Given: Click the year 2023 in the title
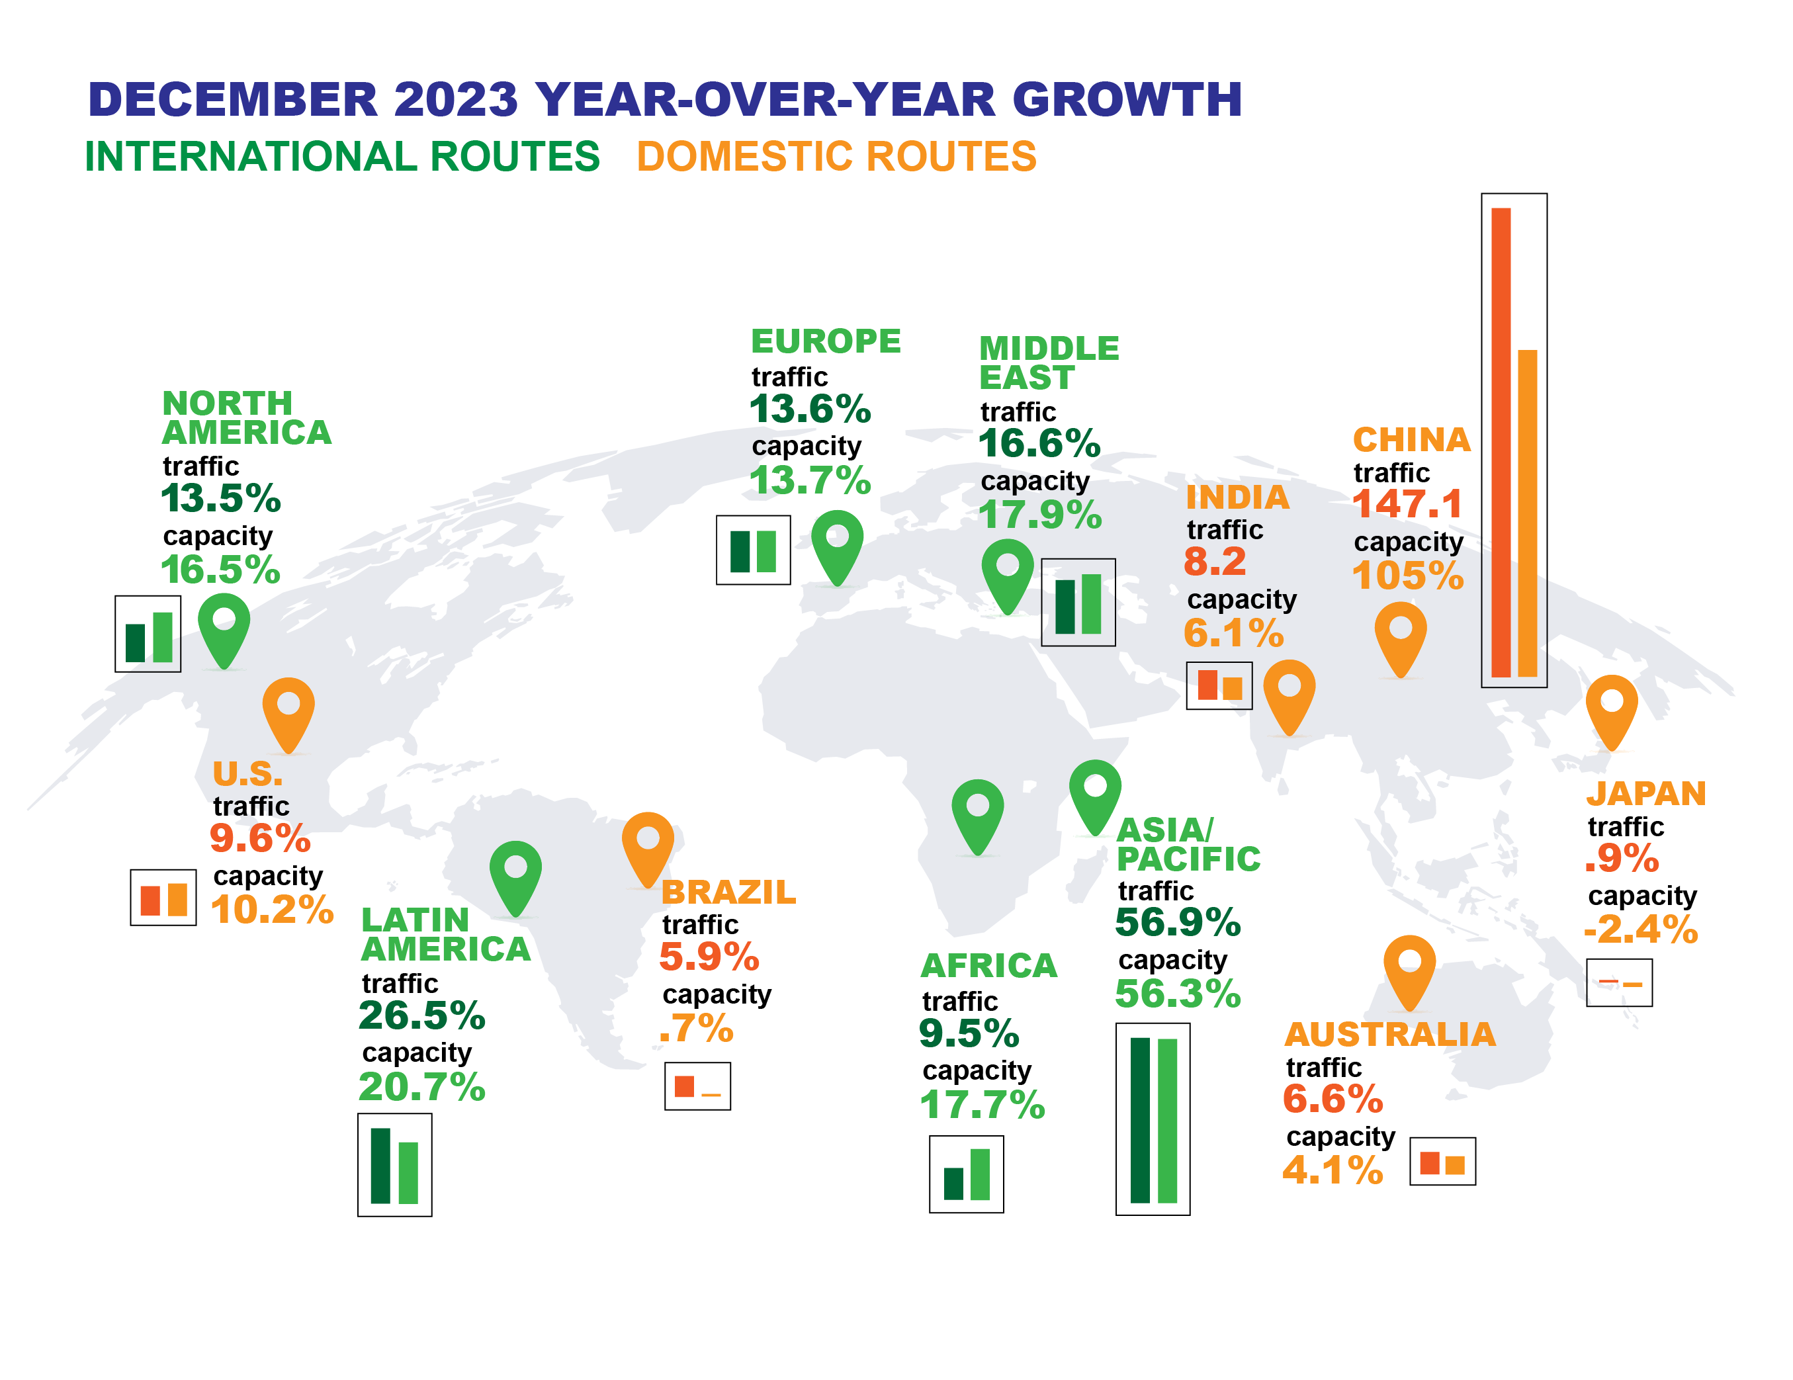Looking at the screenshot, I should [456, 100].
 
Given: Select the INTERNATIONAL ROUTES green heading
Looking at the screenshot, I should [342, 157].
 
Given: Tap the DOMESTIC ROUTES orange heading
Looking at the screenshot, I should [836, 157].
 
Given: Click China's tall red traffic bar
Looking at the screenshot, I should [1501, 443].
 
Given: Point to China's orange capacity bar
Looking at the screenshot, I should [1527, 513].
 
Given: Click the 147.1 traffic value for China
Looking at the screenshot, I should [1407, 504].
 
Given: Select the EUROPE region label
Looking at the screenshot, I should [826, 341].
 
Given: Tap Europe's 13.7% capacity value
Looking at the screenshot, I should [809, 480].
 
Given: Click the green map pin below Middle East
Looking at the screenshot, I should [1008, 573].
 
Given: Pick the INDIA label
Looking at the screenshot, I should [1237, 497].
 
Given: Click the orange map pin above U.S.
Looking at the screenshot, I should [288, 712].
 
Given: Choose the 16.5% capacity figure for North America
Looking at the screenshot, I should [220, 570].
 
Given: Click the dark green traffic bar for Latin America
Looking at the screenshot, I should [380, 1166].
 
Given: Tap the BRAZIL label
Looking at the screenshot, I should [728, 892].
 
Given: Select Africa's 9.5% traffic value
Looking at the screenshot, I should [969, 1033].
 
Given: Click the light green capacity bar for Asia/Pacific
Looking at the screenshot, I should [1167, 1121].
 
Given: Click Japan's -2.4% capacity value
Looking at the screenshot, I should [1640, 930].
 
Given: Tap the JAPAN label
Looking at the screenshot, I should [1646, 794].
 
